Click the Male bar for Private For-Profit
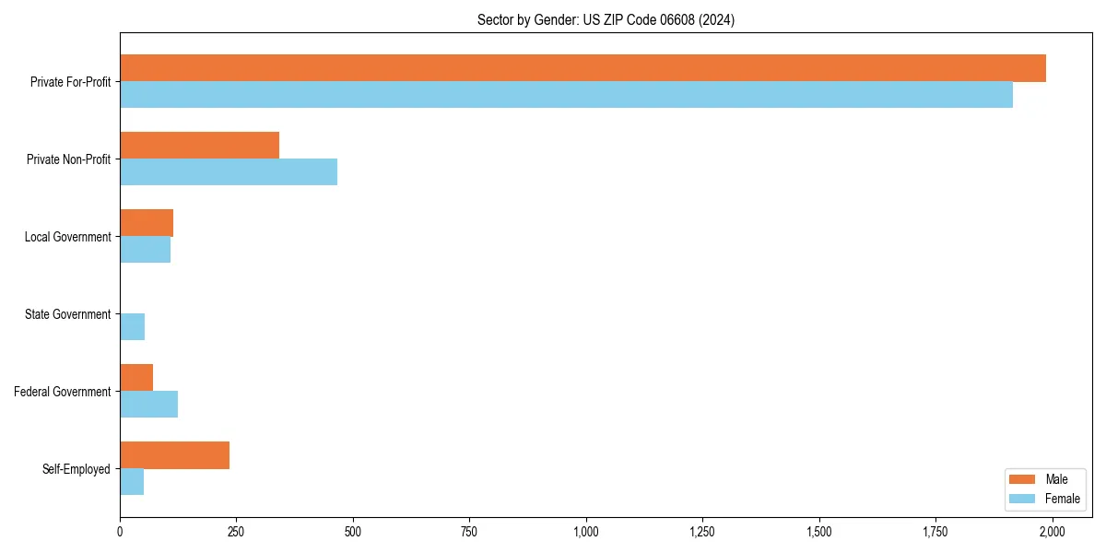582,68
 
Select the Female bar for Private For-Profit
566,95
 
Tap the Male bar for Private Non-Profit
199,146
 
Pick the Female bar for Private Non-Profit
229,172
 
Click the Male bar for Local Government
147,223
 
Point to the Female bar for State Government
132,327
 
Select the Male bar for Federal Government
136,378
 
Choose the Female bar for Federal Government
148,405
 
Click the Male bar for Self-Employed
174,455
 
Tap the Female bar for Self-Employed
132,482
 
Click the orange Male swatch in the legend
1023,479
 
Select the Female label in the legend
1063,499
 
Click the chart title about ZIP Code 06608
606,19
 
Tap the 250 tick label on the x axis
236,532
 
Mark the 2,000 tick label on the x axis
1053,532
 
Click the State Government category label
67,314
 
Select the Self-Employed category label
76,469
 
